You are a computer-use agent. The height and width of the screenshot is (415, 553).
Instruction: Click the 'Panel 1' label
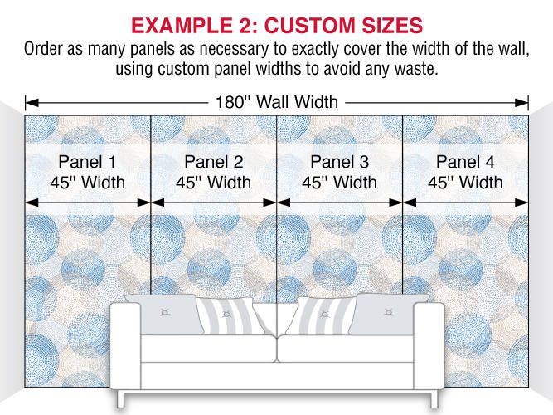tap(87, 162)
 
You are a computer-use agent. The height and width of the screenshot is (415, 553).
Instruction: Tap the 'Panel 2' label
tap(213, 162)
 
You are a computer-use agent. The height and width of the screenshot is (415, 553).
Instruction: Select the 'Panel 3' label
tap(339, 162)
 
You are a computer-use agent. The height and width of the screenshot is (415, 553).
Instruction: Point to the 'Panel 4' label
tap(465, 162)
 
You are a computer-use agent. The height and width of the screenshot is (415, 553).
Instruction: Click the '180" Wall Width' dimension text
tap(277, 102)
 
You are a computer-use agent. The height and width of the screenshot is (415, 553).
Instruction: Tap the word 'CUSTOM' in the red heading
tap(309, 26)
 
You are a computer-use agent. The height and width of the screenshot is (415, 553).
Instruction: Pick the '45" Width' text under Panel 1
tap(87, 183)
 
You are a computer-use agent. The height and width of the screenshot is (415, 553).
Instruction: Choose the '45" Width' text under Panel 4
tap(465, 183)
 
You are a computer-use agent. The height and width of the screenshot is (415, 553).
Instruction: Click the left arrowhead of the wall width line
tap(32, 103)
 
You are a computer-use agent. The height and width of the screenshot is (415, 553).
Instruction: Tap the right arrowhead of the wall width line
tap(521, 103)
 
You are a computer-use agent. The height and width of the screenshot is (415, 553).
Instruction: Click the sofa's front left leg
tap(121, 399)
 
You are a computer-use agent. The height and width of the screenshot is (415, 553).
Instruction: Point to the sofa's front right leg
tap(433, 399)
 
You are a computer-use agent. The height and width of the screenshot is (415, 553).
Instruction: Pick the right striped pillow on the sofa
tap(322, 315)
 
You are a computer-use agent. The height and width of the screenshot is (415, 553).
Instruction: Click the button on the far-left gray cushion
tap(165, 312)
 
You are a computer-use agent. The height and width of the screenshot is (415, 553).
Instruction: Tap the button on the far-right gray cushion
tap(388, 312)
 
